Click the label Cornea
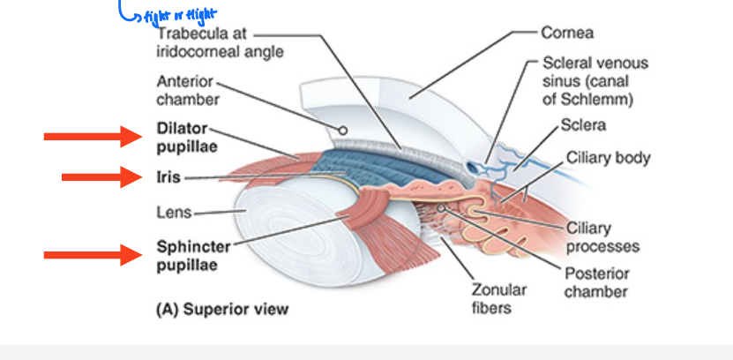pos(567,33)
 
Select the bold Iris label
pos(168,177)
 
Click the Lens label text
pos(174,213)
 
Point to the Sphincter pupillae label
pos(193,255)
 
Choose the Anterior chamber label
pos(187,90)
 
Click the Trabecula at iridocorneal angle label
pos(220,42)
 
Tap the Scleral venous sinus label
pos(595,80)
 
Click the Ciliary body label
pos(608,158)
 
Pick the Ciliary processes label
pos(602,237)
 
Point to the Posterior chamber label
pos(595,282)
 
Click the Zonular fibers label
pos(499,298)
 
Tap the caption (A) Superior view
pos(221,310)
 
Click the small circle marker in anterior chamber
pos(342,130)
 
